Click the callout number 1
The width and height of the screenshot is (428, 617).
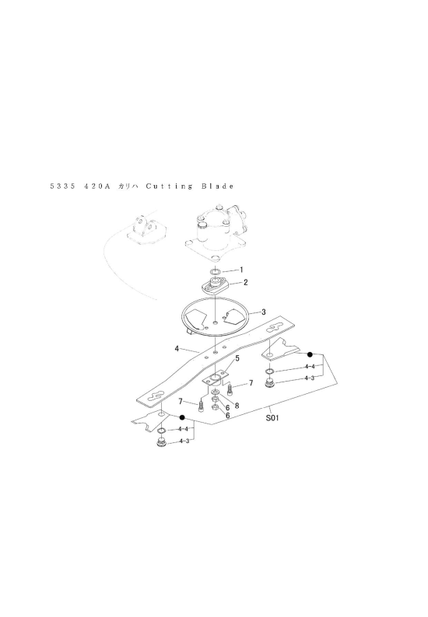tap(241, 270)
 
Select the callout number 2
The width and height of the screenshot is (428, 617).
tap(246, 282)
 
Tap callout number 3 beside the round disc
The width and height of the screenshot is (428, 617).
tap(264, 312)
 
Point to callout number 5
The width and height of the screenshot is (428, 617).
tap(237, 358)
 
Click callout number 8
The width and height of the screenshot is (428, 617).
tap(237, 406)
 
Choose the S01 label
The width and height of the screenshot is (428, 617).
tap(272, 418)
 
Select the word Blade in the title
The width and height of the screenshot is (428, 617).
tap(218, 186)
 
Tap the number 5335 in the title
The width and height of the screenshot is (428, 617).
tap(63, 186)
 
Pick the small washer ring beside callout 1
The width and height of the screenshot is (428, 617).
tap(215, 271)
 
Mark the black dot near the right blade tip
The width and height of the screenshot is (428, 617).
tap(310, 354)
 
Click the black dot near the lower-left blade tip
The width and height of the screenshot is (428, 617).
tap(182, 417)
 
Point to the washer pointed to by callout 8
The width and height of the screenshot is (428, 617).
tap(216, 392)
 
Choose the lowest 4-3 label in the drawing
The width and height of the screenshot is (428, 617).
tap(184, 441)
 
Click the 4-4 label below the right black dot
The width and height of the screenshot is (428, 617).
tap(310, 366)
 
